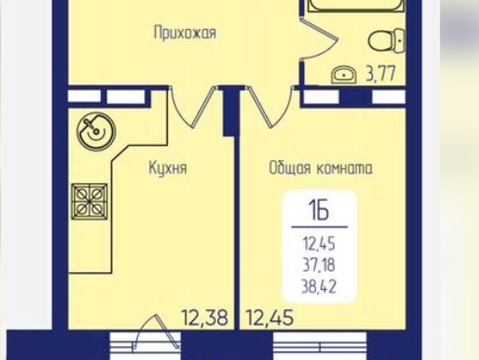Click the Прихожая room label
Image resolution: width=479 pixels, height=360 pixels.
coord(185,33)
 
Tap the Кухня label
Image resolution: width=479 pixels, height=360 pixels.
coord(168,168)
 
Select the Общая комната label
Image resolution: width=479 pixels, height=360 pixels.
coord(321,168)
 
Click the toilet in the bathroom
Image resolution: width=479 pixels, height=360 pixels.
coord(387,40)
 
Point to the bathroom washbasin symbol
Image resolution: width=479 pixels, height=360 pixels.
coord(344,75)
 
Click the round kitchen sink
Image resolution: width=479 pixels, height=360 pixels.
coord(96,132)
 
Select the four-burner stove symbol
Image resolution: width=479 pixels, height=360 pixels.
coord(90,202)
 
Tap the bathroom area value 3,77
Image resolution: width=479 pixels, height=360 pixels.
coord(381,73)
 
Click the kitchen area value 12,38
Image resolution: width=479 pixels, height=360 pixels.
coord(205,318)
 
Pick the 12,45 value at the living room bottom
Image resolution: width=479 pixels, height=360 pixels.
coord(270,318)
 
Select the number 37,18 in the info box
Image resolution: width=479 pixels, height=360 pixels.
coord(319,265)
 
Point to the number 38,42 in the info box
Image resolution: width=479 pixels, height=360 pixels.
coord(319,287)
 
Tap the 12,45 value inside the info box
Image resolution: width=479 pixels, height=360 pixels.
coord(319,244)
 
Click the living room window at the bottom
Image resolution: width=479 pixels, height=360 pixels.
coord(320,345)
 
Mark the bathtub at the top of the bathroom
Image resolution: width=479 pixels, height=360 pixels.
coord(356,6)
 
